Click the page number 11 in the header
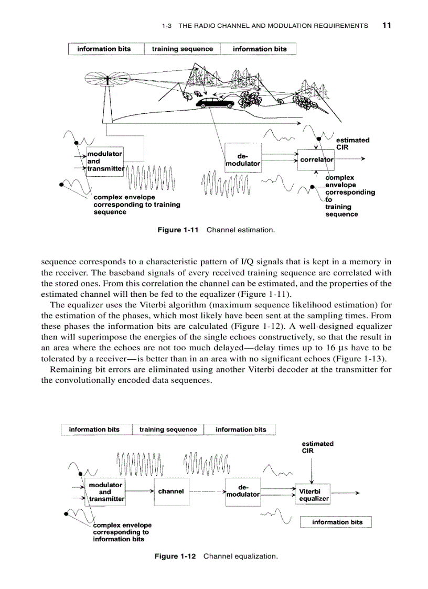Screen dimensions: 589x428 (x=387, y=25)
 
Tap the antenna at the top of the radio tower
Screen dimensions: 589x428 (x=108, y=80)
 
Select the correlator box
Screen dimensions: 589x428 (x=316, y=159)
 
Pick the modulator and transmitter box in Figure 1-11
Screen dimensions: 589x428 (x=105, y=162)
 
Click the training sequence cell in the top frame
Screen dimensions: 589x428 (x=182, y=49)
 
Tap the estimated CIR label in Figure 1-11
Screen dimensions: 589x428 (x=352, y=143)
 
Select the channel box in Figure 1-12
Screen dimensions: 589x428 (x=171, y=491)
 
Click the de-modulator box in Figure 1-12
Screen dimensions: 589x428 (x=243, y=491)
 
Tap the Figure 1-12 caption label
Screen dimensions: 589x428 (x=175, y=556)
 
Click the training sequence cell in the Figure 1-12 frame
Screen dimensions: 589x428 (x=168, y=430)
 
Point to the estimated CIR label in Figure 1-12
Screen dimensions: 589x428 (x=317, y=447)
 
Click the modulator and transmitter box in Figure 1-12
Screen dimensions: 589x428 (x=105, y=492)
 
